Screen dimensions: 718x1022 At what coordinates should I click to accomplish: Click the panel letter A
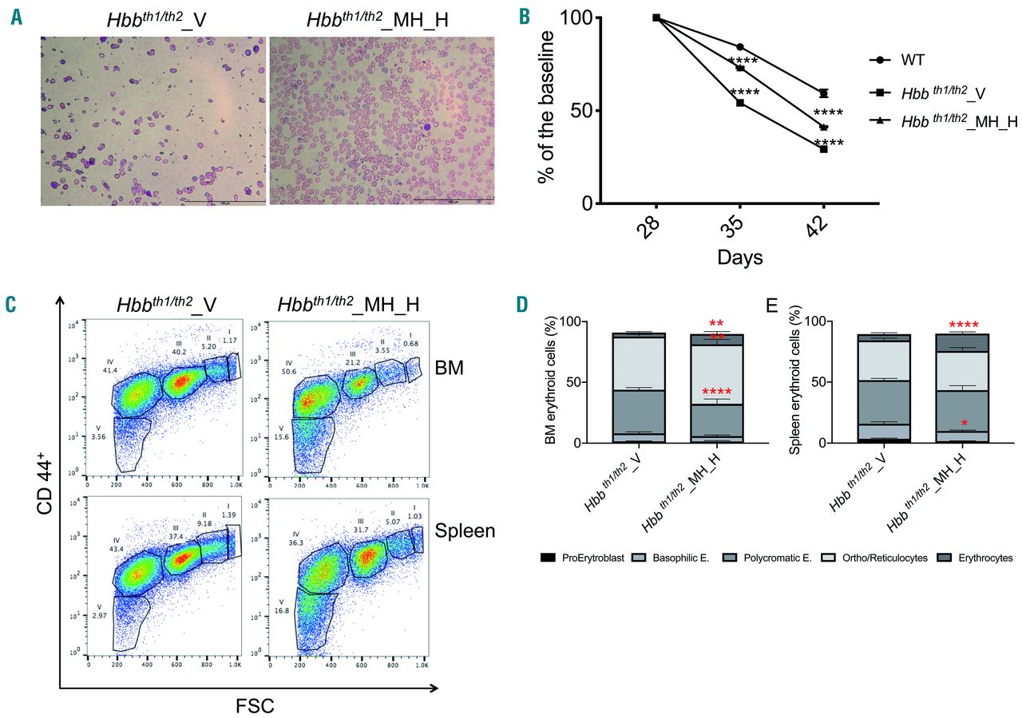17,18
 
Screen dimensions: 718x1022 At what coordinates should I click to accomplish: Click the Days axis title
739,258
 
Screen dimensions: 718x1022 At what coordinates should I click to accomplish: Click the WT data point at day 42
823,93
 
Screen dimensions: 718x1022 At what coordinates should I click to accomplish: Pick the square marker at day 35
739,103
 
